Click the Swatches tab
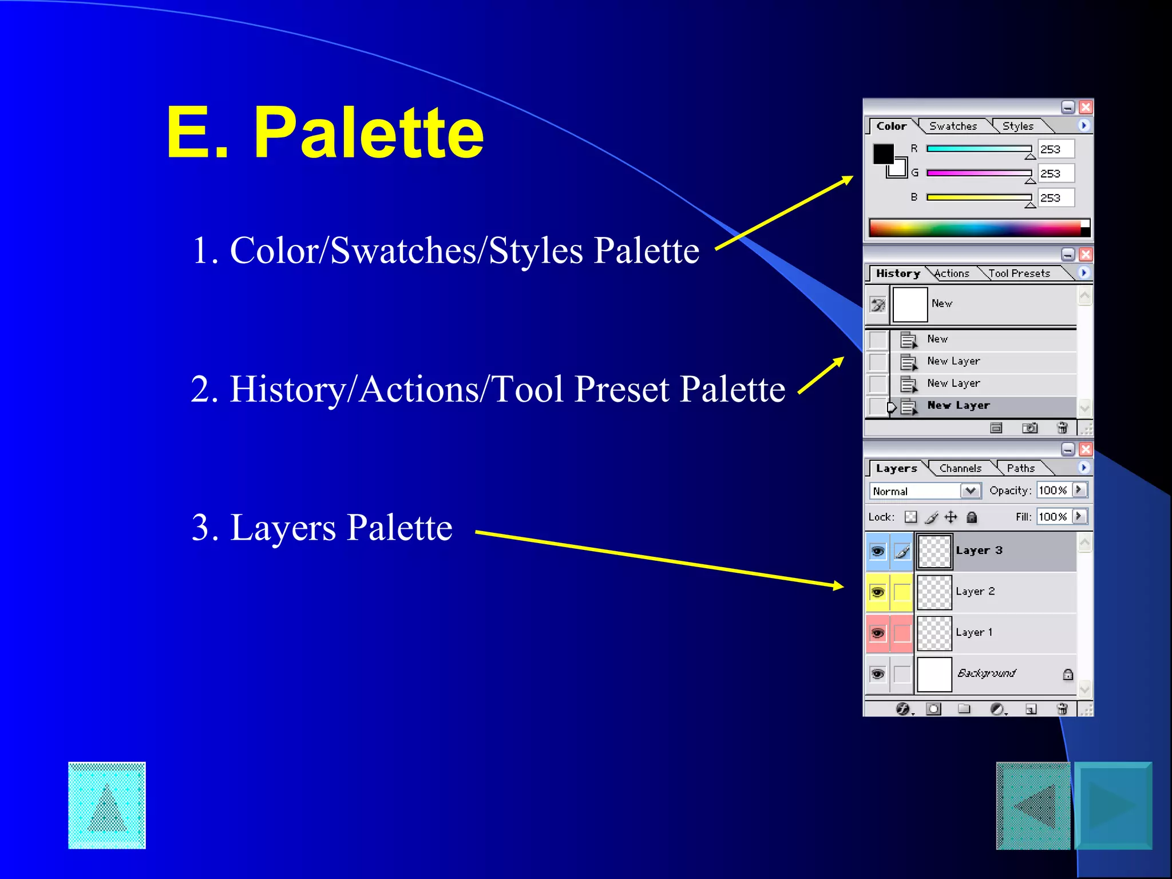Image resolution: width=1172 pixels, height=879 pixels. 953,126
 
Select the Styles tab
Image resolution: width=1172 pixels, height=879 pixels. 1017,126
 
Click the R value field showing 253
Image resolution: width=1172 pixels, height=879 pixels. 1055,149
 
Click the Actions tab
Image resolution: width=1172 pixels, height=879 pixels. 952,274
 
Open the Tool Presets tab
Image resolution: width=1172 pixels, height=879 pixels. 1019,274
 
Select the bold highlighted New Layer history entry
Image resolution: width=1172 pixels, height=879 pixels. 958,406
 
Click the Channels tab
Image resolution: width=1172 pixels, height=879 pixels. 960,469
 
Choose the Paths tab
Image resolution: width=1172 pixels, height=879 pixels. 1020,469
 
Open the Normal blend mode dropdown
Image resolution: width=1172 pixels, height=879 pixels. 970,491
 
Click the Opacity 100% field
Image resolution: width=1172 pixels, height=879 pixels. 1053,490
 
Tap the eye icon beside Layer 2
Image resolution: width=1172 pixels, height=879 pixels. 877,592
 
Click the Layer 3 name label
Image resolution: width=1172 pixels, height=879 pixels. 979,551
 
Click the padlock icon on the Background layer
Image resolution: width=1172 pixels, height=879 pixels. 1068,675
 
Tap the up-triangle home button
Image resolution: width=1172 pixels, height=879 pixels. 107,805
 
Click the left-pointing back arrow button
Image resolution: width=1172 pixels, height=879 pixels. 1033,806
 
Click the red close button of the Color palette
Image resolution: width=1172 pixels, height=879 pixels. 1086,107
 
